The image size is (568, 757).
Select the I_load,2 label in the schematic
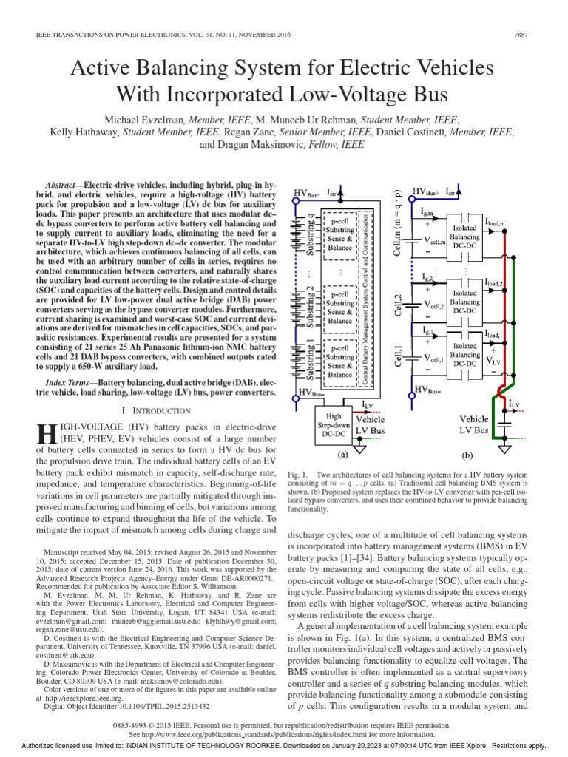click(x=494, y=283)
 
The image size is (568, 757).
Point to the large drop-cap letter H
click(x=46, y=433)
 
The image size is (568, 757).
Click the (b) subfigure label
click(x=467, y=457)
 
